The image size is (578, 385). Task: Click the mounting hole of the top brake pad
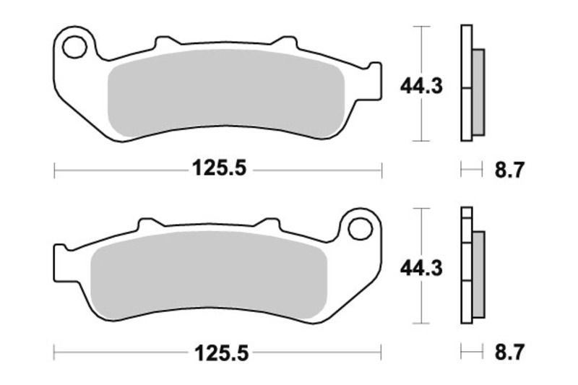point(74,47)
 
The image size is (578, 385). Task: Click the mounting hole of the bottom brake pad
point(359,228)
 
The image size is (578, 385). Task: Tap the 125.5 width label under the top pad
point(219,169)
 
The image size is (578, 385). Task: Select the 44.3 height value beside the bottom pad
point(422,267)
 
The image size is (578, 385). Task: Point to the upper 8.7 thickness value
point(509,170)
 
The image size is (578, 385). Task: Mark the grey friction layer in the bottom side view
point(479,274)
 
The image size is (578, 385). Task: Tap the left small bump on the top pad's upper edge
point(165,40)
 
